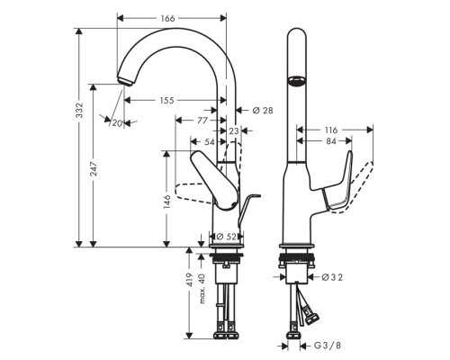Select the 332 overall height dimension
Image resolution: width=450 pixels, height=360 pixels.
(x=79, y=111)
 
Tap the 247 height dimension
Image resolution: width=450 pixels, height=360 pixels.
(x=93, y=166)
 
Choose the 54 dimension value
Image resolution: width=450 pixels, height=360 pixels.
(x=210, y=142)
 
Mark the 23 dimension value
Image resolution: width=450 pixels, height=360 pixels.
(x=234, y=131)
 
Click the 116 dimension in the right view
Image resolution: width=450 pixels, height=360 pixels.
(x=330, y=130)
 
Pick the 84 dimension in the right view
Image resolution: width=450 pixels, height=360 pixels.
(x=330, y=141)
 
